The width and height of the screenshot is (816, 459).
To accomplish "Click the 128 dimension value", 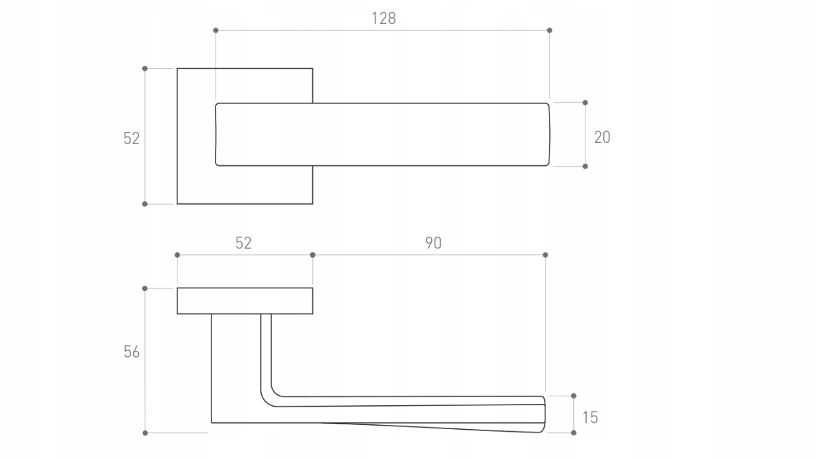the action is [384, 18].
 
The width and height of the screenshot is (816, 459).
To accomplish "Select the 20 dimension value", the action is [602, 137].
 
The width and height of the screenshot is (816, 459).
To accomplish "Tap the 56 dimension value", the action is [131, 352].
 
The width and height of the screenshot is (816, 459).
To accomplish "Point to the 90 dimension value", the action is [433, 243].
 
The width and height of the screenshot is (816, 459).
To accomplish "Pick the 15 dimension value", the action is [590, 418].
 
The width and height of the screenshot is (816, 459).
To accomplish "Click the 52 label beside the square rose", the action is [131, 139].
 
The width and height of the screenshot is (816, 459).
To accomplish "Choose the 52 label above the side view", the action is [243, 243].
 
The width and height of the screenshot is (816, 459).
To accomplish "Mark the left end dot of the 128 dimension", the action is [216, 30].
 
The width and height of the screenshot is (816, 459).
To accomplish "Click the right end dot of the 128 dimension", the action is [549, 30].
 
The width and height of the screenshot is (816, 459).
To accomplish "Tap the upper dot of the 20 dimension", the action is [585, 103].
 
